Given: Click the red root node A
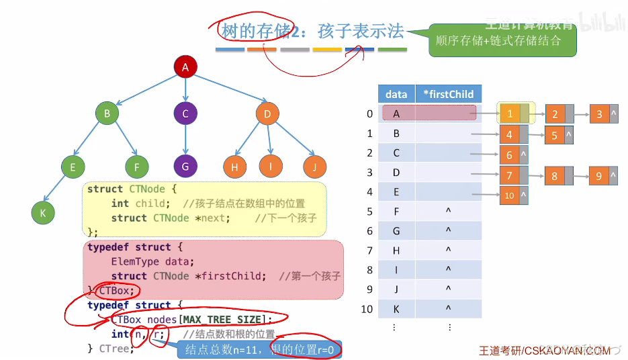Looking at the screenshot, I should [185, 66].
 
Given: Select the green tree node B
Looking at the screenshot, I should [107, 114].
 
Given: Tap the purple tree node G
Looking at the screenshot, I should [185, 165].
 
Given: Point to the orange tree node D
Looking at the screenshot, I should [267, 114].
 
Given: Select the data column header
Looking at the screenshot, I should [396, 95].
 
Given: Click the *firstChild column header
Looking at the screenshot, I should [448, 95].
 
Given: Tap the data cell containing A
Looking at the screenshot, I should [396, 114].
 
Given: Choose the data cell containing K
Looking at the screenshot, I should [396, 309].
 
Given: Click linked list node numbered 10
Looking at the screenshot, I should [509, 196].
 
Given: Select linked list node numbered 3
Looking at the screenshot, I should [600, 114].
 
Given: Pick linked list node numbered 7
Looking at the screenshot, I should [509, 177].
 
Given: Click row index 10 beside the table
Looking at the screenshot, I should [367, 309].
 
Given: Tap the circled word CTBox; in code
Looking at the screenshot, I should [118, 291].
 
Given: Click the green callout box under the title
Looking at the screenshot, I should [501, 41].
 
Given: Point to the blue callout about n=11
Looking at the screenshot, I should [259, 349].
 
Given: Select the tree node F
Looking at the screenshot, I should [136, 166].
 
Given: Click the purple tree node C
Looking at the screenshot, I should [185, 114].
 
